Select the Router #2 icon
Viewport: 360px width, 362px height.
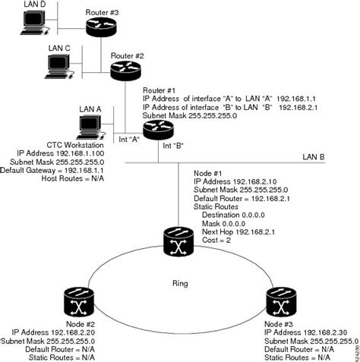pyautogui.click(x=125, y=70)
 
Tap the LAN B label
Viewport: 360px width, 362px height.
pyautogui.click(x=314, y=156)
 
